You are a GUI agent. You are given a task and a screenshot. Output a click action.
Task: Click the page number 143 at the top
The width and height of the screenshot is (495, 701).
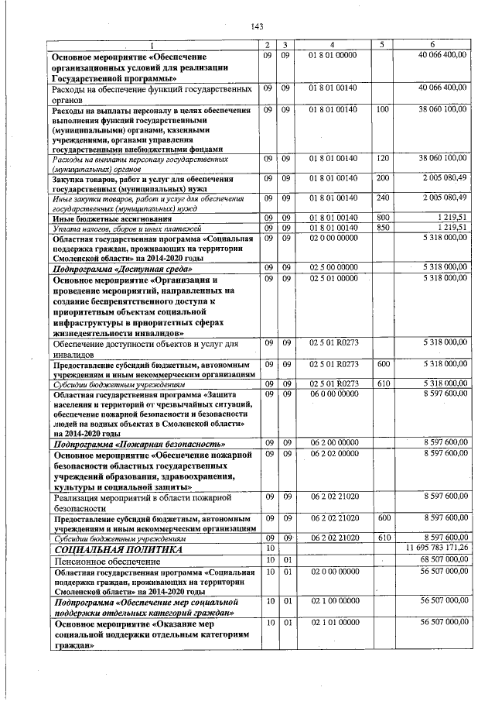click(x=258, y=28)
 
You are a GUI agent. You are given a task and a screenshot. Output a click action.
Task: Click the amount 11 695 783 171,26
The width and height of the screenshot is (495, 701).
click(x=437, y=548)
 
